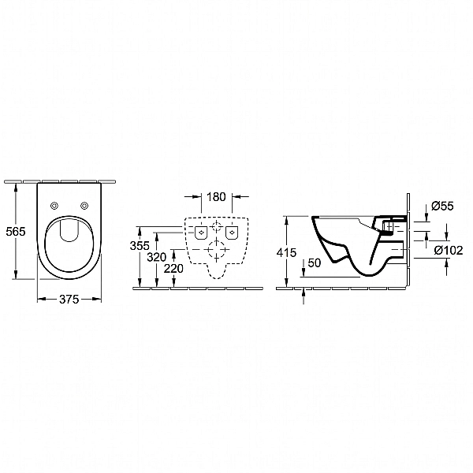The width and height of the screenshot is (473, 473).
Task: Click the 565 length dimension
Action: [16, 232]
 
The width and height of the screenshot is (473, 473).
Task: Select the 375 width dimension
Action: [69, 300]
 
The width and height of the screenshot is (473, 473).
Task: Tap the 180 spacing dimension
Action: [216, 196]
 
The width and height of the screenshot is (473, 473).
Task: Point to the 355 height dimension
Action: [140, 245]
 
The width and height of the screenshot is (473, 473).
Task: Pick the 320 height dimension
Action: [157, 257]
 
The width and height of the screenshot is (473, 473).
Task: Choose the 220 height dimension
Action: [173, 268]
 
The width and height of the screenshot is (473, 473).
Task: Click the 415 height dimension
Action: [287, 252]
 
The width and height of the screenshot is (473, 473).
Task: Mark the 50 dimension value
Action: [315, 263]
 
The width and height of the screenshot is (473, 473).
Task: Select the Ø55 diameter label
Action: [442, 206]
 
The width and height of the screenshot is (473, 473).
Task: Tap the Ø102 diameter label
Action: [449, 250]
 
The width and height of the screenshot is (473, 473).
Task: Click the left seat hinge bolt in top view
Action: [54, 206]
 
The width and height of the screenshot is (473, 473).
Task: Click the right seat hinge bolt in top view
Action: [84, 206]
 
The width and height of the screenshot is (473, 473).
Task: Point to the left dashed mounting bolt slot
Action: [201, 233]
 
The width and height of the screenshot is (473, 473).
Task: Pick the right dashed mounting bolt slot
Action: [232, 233]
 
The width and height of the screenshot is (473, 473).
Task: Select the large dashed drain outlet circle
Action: [217, 249]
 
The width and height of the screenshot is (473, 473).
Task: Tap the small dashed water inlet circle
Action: [216, 226]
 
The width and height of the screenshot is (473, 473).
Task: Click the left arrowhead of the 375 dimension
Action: [41, 299]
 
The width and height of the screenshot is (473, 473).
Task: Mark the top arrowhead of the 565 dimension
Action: [16, 187]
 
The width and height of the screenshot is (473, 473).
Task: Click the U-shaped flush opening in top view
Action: [69, 240]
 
